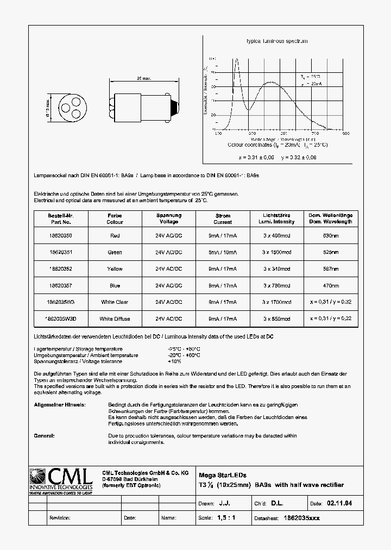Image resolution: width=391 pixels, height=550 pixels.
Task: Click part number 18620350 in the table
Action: (x=60, y=235)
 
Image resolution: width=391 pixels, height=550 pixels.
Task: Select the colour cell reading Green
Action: (x=115, y=252)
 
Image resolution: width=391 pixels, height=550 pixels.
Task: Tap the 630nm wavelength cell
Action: (x=331, y=235)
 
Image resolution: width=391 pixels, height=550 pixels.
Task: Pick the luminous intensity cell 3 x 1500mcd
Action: (x=276, y=252)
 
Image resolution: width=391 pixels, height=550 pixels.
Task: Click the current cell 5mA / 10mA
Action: (x=222, y=252)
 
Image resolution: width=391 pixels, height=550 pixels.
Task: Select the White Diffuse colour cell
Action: (x=115, y=318)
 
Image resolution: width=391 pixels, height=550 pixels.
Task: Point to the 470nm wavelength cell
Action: (x=331, y=285)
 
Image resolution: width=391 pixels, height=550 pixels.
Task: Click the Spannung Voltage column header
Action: (x=168, y=218)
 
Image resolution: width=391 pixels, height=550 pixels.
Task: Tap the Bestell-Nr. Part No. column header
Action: (x=60, y=218)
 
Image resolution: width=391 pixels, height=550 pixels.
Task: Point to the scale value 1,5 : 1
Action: (x=224, y=518)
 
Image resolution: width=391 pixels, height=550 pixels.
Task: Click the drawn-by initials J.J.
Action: (x=231, y=503)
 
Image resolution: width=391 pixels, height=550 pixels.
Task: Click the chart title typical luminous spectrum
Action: (x=277, y=41)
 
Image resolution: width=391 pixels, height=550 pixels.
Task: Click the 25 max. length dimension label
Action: (x=143, y=78)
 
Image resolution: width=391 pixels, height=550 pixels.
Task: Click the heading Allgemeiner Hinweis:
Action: (x=60, y=405)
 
